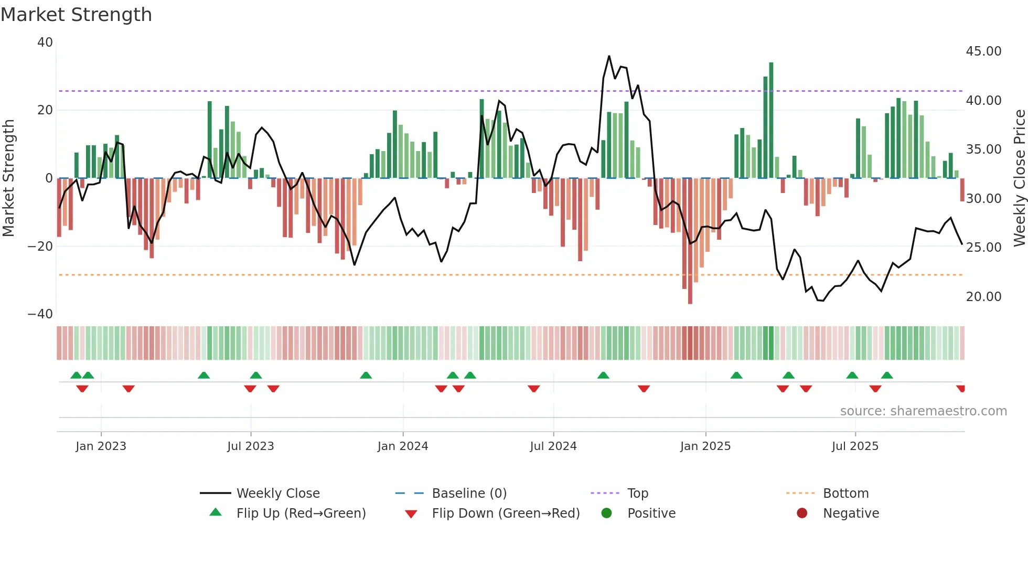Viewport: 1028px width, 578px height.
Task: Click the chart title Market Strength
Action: [76, 15]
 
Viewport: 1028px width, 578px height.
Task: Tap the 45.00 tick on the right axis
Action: [983, 51]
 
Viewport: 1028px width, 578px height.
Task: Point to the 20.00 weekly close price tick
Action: [983, 297]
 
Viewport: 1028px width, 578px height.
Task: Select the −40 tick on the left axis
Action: [40, 314]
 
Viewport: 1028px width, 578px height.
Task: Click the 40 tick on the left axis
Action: [45, 42]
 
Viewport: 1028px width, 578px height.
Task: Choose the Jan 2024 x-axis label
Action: [402, 446]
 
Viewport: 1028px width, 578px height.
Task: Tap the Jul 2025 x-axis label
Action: [854, 446]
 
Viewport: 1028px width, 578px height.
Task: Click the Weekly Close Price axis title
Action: [1019, 178]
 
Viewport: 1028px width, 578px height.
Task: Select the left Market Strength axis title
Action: [8, 178]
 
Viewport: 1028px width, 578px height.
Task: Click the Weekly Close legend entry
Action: [277, 494]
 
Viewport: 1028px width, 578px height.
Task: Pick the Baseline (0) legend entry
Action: [469, 494]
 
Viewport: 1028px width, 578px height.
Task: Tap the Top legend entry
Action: [637, 494]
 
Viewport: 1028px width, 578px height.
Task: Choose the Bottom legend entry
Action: [845, 494]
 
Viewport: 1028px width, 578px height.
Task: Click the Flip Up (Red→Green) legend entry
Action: [301, 513]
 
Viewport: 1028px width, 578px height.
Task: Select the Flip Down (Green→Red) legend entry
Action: [506, 513]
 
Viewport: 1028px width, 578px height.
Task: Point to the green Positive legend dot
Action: [606, 513]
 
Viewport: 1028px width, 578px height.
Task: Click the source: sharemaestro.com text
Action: [923, 411]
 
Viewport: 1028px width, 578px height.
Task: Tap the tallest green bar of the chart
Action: [771, 121]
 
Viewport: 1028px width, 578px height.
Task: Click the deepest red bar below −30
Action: [690, 241]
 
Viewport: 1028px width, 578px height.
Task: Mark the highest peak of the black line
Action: [609, 56]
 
